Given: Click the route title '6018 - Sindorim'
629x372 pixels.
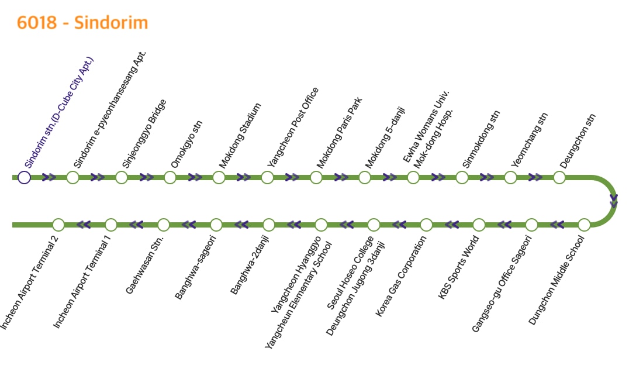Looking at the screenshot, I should tap(82, 23).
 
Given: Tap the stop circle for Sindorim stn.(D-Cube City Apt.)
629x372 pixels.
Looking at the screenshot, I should tap(24, 177).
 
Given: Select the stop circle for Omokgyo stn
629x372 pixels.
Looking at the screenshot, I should tap(170, 177).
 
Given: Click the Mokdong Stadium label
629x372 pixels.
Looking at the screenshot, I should tap(240, 136).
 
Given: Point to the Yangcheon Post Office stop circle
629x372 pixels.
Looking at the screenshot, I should tap(267, 177).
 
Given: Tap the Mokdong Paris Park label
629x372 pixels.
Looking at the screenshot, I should tap(340, 133).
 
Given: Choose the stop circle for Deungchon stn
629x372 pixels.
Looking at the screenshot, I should tap(559, 177).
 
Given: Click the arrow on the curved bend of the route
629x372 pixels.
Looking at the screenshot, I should tap(614, 201).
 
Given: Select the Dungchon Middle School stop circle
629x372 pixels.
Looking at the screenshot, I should tap(584, 225).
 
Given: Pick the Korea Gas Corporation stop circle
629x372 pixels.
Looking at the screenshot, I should tap(426, 225).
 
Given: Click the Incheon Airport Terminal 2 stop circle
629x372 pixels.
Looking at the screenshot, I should tap(58, 225).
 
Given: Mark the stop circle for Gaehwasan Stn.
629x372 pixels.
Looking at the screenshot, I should tap(164, 225).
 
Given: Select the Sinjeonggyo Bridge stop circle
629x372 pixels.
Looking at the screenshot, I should tap(122, 177).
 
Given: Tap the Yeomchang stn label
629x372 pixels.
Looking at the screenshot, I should tap(529, 140).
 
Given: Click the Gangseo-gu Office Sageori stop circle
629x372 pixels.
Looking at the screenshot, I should tap(531, 225).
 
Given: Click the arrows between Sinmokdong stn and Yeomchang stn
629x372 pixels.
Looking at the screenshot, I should tap(486, 177).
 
